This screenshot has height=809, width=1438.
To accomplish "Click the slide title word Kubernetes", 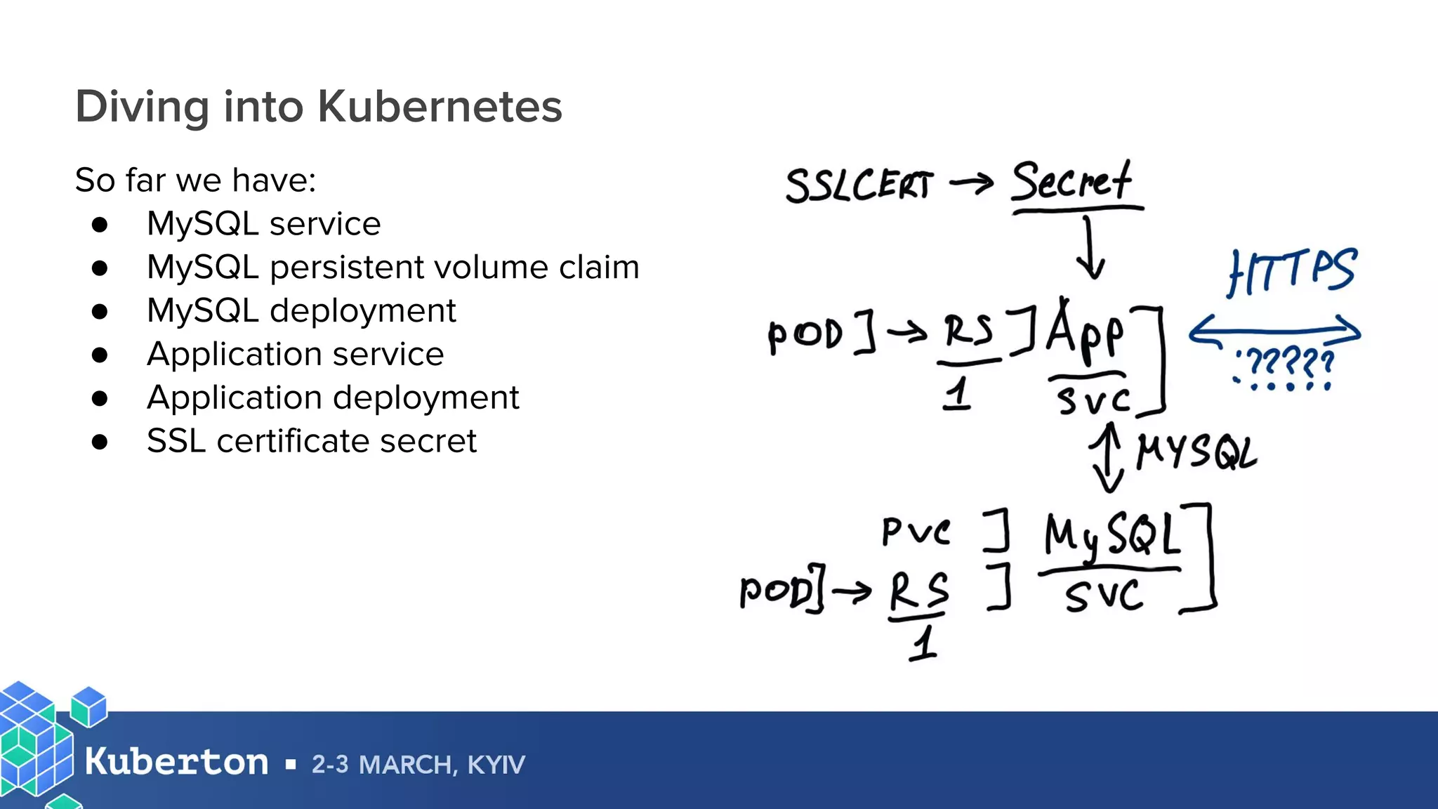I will [440, 107].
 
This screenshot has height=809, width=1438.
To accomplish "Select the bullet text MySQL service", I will [263, 224].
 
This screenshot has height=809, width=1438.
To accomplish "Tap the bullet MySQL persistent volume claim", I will [393, 268].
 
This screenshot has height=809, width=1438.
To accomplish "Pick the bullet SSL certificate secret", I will [311, 442].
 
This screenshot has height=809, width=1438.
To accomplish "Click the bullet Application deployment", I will [332, 398].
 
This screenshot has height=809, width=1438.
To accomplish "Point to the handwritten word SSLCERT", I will [859, 185].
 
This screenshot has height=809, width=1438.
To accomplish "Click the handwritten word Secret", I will [1071, 182].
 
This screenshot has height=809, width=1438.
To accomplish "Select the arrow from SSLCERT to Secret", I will [971, 184].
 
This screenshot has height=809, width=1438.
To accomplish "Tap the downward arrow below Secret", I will [1090, 248].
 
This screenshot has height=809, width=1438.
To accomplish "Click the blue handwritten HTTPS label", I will [1292, 272].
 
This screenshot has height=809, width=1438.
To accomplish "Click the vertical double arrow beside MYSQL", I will [1109, 456].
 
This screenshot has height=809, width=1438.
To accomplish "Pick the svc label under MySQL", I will [1104, 595].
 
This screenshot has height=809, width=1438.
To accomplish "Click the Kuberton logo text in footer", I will [176, 762].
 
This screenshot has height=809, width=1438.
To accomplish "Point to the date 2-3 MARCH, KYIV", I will [418, 764].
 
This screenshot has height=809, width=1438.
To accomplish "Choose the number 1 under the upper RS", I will [958, 393].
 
